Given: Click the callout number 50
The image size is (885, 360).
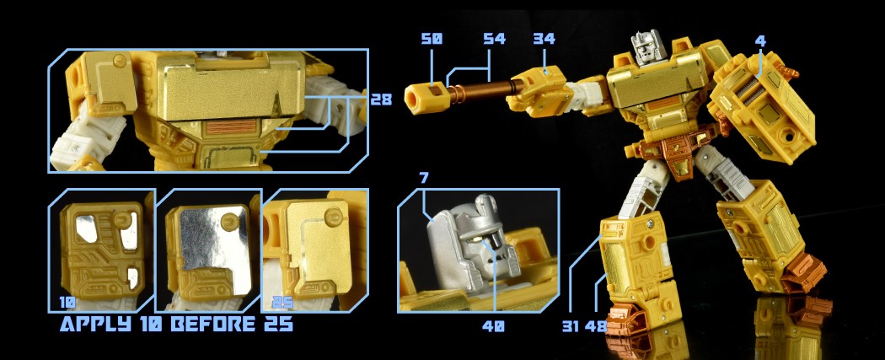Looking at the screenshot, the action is tap(432, 39).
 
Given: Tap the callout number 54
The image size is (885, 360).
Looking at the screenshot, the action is tap(495, 39).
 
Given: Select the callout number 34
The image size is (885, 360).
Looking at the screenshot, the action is tap(544, 39).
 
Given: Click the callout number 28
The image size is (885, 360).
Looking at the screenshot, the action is tap(381, 99).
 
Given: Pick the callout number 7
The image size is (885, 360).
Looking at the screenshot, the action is tap(424, 178).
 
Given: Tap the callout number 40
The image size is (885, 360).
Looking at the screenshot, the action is tap(493, 326).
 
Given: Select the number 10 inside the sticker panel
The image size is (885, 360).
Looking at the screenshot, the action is tap(67, 303).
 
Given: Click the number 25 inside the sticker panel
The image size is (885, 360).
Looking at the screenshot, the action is tap(282, 303).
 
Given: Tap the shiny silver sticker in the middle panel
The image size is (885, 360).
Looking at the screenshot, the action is tap(213, 239).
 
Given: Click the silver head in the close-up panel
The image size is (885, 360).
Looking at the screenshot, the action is tap(473, 238).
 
